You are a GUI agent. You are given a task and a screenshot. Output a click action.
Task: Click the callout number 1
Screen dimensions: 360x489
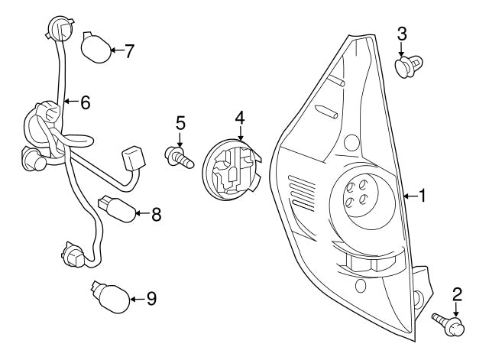point(421,196)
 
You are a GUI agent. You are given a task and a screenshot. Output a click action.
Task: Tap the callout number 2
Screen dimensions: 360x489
point(458,294)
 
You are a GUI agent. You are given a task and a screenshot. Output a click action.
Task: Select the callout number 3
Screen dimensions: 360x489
point(403,33)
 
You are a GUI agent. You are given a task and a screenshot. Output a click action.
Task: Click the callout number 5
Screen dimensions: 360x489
point(180,122)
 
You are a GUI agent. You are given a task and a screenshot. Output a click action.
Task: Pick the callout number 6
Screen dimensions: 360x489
point(85,102)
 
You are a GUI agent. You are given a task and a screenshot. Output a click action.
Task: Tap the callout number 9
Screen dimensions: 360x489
point(151,299)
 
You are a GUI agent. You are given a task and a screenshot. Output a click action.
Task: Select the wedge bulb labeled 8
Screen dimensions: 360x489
point(116,208)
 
